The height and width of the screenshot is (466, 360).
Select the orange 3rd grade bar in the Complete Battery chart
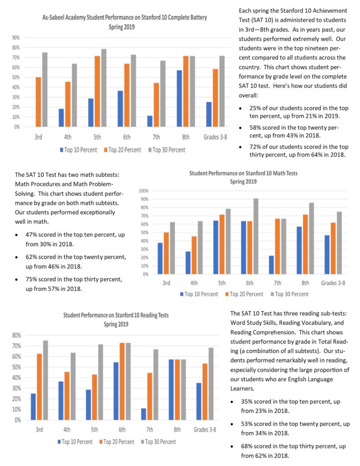pos(38,102)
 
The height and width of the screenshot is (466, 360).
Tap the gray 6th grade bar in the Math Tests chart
pos(256,236)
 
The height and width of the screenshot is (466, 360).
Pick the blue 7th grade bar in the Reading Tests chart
pos(143,414)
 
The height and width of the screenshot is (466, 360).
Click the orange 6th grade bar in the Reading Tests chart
pos(122,381)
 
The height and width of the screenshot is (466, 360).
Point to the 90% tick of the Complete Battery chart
pos(16,38)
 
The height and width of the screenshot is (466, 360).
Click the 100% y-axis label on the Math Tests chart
pos(143,191)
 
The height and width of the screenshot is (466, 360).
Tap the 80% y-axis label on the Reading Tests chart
pos(17,335)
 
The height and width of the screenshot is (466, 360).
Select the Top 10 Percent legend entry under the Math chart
pos(199,294)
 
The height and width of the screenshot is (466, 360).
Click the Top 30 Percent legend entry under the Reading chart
pos(158,442)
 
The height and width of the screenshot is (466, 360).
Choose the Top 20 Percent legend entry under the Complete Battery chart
pos(122,150)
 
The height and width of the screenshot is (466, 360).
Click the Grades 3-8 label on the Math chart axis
pos(333,283)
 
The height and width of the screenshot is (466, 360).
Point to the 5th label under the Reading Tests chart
pos(94,430)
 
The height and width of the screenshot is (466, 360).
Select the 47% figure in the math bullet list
pos(31,234)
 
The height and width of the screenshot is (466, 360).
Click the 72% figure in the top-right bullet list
pos(255,147)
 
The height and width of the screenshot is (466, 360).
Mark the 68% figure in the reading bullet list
pos(247,446)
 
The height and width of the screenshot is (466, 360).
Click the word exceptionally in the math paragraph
pos(96,213)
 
